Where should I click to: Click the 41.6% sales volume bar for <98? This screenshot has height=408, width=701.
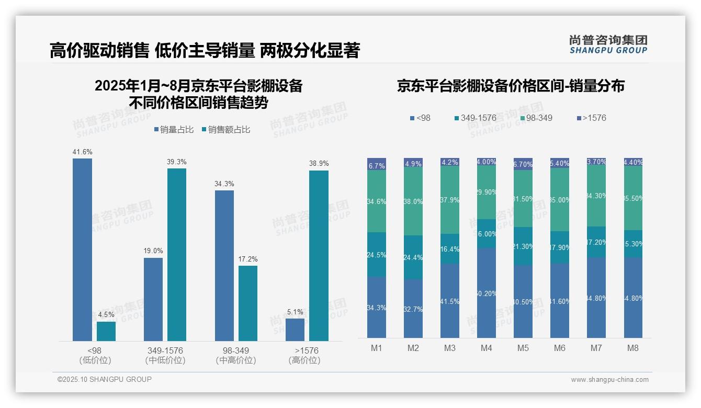click(x=82, y=250)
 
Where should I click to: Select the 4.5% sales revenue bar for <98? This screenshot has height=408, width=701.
click(x=106, y=331)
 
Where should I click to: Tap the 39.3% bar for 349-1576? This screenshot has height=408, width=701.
click(x=177, y=254)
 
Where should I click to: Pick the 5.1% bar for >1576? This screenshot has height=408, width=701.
click(x=295, y=330)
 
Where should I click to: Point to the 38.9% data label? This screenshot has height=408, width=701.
click(x=319, y=163)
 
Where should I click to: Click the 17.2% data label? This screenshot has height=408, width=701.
click(x=248, y=259)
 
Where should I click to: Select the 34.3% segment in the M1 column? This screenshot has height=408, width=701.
click(x=377, y=307)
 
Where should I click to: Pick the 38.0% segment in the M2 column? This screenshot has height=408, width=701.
click(x=413, y=201)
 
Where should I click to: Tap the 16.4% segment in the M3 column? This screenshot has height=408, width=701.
click(x=450, y=249)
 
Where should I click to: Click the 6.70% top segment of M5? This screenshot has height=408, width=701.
click(x=523, y=163)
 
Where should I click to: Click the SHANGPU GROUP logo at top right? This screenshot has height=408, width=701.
click(x=608, y=44)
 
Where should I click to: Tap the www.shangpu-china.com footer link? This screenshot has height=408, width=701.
click(x=609, y=380)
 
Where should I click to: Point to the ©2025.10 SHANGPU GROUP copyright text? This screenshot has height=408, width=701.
click(x=105, y=379)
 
